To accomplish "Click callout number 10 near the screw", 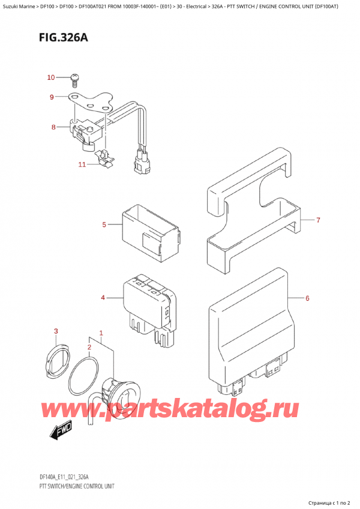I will tap(50, 77).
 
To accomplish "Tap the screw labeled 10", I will tap(74, 77).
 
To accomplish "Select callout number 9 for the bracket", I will tap(52, 97).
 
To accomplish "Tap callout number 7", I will tap(319, 220).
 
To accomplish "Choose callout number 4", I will tap(103, 298).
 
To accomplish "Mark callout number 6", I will tap(307, 298).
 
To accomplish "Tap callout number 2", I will tap(89, 347).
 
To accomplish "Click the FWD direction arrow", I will tap(59, 430).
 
